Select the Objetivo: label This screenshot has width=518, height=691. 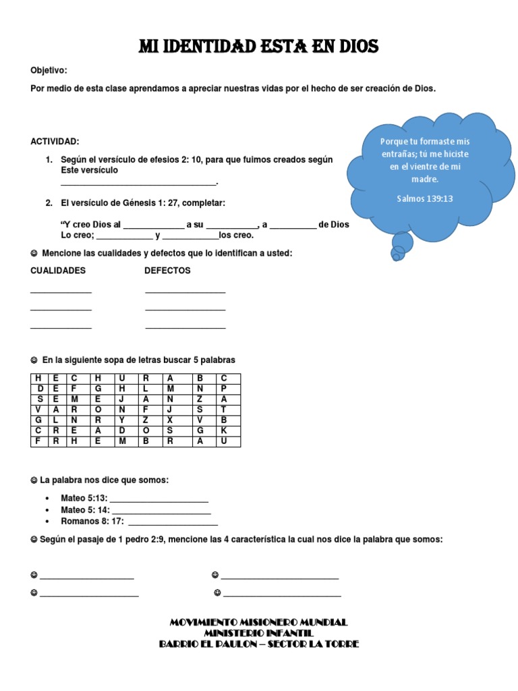[x=49, y=71]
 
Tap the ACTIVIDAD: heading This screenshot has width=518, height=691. [x=55, y=142]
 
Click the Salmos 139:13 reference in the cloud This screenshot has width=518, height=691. [x=425, y=198]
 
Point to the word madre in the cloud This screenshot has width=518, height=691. [x=425, y=179]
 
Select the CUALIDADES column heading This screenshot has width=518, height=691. [x=58, y=271]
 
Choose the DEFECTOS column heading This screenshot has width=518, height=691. [x=167, y=271]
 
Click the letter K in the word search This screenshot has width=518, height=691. [x=225, y=431]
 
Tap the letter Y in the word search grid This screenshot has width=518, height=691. [x=122, y=420]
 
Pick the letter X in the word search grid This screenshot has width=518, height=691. [x=170, y=420]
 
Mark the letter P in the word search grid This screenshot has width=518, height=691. [x=225, y=389]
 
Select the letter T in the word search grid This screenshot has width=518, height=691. [x=225, y=410]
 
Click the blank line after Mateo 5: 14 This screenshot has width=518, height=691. [x=161, y=512]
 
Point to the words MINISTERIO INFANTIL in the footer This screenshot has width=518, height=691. [x=259, y=633]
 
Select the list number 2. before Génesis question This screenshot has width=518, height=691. [x=49, y=203]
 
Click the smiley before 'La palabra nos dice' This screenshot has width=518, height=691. [x=34, y=480]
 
